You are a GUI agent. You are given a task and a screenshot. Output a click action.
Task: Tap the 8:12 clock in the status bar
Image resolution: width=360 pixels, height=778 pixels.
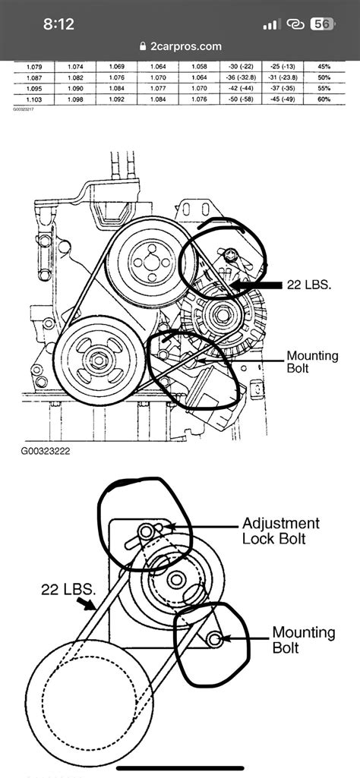coord(58,24)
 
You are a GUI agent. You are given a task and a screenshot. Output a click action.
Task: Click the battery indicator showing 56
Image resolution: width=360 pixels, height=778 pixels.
coord(321,24)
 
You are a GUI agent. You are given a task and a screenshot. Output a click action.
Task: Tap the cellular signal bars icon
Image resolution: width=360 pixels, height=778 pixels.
coord(271,24)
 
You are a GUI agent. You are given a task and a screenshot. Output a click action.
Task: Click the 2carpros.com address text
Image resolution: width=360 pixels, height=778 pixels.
coord(186,46)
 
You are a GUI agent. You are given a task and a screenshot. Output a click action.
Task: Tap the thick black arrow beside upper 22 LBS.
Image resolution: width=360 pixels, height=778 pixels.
coord(254,285)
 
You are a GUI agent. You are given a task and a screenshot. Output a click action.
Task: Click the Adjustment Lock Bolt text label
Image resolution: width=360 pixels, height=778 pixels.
coord(280,531)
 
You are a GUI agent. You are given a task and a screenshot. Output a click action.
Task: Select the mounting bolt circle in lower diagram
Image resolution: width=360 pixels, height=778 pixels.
coord(216,639)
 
